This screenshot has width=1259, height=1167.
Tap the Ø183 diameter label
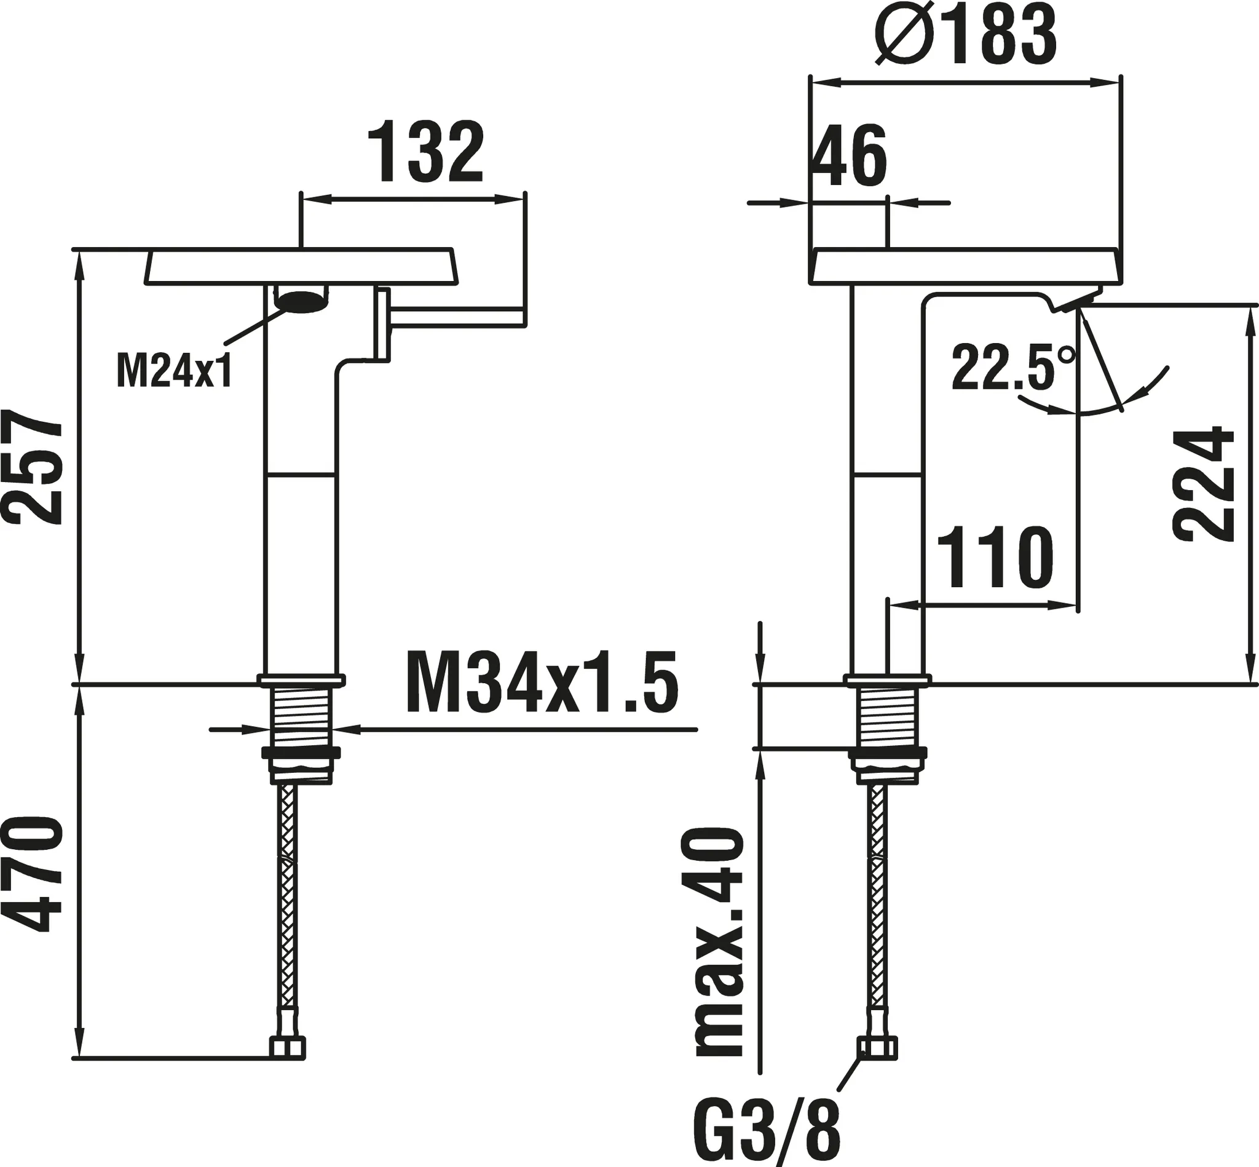(x=966, y=36)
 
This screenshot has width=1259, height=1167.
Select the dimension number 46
(x=849, y=156)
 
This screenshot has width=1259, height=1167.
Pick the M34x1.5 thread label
(x=542, y=682)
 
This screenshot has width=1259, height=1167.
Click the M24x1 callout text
(x=174, y=371)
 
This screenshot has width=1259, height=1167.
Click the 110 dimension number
(x=996, y=558)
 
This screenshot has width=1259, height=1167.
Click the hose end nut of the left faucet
(x=287, y=1048)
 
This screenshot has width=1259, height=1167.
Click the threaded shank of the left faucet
(x=302, y=717)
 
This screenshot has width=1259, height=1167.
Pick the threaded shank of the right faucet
(x=887, y=717)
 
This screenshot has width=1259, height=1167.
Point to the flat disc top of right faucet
(x=966, y=265)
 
